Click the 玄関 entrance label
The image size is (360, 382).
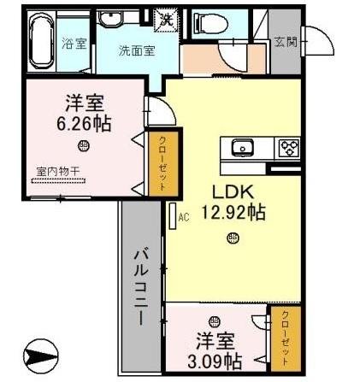pyautogui.click(x=285, y=41)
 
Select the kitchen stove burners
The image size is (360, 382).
pyautogui.click(x=289, y=147)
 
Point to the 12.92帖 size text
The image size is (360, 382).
pyautogui.click(x=233, y=213)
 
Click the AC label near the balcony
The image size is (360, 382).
pyautogui.click(x=182, y=219)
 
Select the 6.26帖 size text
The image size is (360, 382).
pyautogui.click(x=85, y=122)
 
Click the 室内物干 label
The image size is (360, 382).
pyautogui.click(x=58, y=171)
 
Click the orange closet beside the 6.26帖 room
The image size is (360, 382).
pyautogui.click(x=159, y=163)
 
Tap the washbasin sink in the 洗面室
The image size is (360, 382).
pyautogui.click(x=111, y=21)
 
